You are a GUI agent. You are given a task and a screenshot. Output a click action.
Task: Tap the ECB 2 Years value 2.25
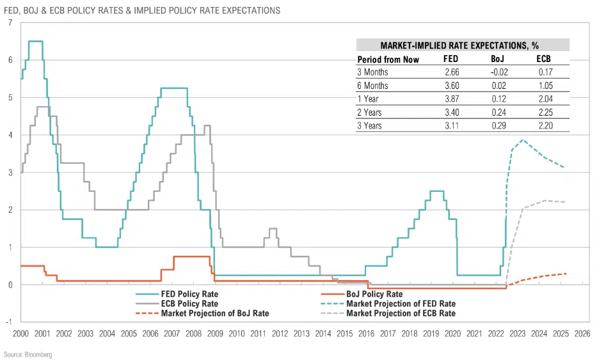pos(544,113)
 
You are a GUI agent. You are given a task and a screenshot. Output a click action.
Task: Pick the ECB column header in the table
pos(544,59)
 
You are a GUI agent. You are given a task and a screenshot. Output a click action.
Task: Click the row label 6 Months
pos(372,86)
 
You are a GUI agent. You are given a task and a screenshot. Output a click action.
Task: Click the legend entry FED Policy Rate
pos(189,294)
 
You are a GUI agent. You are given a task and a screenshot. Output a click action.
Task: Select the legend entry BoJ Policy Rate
pos(374,294)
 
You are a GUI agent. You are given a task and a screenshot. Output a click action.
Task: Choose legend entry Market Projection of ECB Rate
pos(400,314)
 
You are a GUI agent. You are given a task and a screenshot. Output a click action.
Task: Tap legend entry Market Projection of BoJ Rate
pos(215,314)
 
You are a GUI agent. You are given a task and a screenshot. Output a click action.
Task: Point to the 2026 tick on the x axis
pos(582,334)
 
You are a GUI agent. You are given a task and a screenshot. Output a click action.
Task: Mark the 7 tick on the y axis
pos(10,23)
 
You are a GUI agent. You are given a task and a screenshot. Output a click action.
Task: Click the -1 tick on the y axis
pos(8,322)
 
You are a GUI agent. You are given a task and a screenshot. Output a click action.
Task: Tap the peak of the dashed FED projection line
pos(523,140)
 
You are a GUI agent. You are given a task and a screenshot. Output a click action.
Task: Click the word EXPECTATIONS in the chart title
pos(245,11)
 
